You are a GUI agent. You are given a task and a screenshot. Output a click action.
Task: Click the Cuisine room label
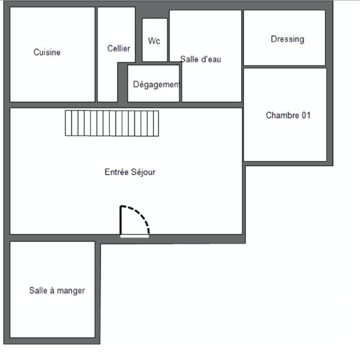pyautogui.click(x=47, y=52)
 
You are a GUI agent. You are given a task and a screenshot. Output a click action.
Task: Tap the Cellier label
pyautogui.click(x=118, y=48)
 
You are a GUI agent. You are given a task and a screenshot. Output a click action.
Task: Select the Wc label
pyautogui.click(x=154, y=41)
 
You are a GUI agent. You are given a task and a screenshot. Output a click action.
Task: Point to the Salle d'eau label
pyautogui.click(x=200, y=59)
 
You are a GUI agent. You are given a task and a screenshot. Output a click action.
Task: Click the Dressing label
pyautogui.click(x=287, y=39)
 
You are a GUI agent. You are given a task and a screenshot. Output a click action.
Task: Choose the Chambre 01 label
pyautogui.click(x=288, y=115)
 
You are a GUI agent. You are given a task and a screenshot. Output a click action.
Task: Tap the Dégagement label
pyautogui.click(x=156, y=84)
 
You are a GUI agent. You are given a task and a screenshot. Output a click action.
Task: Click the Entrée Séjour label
pyautogui.click(x=130, y=172)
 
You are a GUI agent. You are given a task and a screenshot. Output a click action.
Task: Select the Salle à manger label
pyautogui.click(x=57, y=290)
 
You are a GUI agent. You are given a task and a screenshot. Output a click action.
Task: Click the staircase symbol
pyautogui.click(x=112, y=123)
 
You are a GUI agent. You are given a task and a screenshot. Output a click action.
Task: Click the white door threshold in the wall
pyautogui.click(x=135, y=236)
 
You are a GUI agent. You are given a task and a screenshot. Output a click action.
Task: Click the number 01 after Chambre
pyautogui.click(x=305, y=115)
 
